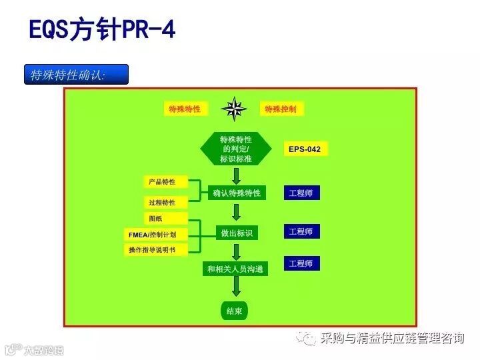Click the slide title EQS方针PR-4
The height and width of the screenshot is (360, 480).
102,29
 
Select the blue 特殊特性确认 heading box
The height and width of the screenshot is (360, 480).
75,75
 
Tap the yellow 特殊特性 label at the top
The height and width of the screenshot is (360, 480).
185,109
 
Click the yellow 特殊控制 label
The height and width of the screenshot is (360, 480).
281,109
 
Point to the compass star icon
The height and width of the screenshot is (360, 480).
235,109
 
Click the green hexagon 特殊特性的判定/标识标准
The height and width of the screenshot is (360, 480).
236,149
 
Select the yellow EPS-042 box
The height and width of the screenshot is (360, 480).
305,149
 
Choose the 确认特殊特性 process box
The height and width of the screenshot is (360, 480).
236,193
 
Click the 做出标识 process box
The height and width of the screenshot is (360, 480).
236,233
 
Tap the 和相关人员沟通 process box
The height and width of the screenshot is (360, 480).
235,269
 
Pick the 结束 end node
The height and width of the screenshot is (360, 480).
235,311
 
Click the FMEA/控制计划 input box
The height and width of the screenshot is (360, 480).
157,234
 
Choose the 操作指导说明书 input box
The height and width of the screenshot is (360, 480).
157,249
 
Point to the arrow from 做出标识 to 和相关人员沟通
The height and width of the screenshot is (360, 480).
236,251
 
